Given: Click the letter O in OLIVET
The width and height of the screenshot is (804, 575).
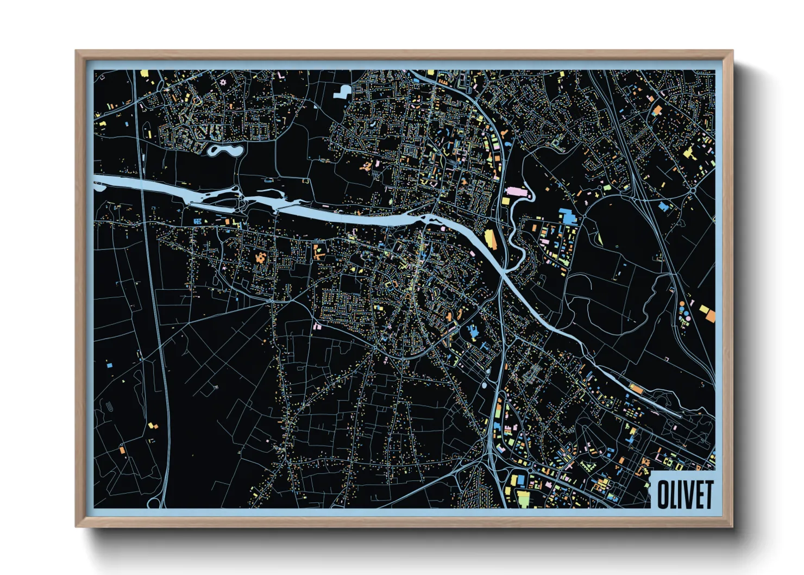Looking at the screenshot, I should [663, 495].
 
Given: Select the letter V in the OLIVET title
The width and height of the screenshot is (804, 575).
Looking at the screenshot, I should [686, 495].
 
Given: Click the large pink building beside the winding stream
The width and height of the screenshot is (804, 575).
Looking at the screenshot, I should [515, 192].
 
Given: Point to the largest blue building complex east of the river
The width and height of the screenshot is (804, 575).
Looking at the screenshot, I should [568, 216].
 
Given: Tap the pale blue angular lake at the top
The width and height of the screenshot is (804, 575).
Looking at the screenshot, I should [343, 91].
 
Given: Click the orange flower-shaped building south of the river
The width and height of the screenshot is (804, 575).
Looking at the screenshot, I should [260, 257].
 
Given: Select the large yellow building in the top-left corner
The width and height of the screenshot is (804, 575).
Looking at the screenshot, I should [144, 73].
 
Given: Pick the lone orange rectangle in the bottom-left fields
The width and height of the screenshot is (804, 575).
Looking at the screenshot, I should [122, 449].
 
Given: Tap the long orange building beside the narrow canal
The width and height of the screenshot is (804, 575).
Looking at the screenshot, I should [635, 388].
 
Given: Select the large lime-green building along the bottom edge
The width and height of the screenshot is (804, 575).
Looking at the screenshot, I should [523, 497].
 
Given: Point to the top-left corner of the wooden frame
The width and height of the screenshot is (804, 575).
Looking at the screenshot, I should [77, 52].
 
